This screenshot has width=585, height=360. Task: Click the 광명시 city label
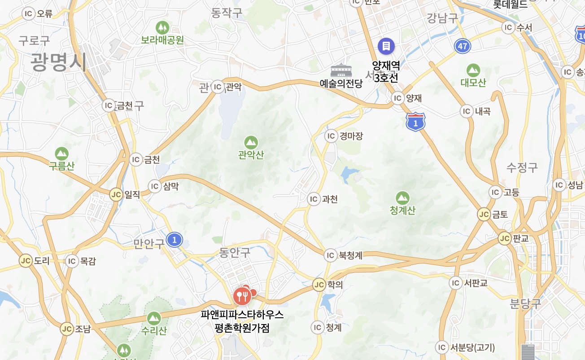pos(58,62)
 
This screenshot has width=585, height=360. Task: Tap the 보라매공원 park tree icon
pos(162,27)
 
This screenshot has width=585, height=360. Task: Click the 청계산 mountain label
pos(402,210)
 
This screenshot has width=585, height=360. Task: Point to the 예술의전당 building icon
pos(341,70)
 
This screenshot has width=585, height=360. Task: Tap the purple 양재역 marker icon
pos(386,45)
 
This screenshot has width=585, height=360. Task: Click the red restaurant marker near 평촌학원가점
pos(242,295)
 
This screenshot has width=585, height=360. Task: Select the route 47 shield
pos(463,46)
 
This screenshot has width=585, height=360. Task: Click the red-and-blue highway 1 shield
pos(415,122)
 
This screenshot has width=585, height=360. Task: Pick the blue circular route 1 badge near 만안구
pos(175,240)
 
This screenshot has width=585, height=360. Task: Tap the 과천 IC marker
pos(314,199)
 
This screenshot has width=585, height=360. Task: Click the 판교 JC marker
pos(505,238)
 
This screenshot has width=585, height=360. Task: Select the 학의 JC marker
pos(319,285)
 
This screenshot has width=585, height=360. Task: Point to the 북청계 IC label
pos(350,256)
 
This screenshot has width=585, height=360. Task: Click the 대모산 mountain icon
pos(473,70)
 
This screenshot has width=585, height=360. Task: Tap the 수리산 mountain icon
pos(154,318)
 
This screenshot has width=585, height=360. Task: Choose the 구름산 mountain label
pos(62,166)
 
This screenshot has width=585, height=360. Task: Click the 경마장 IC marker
pos(331,136)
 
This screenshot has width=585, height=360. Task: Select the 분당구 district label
pos(525,303)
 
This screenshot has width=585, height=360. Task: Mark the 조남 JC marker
pos(67,329)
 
